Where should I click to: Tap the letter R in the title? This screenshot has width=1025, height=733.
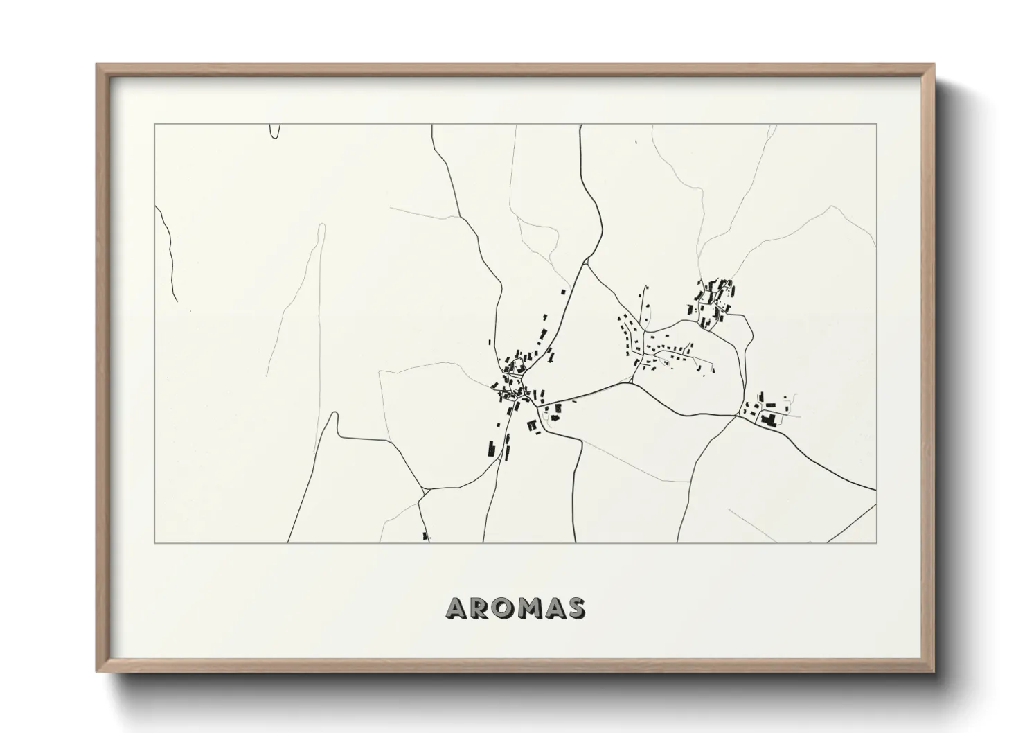tap(480, 608)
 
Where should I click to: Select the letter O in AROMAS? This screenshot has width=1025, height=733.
tap(503, 608)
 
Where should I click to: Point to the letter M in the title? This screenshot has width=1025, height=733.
tap(530, 608)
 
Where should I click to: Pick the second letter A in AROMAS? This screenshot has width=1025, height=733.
tap(554, 608)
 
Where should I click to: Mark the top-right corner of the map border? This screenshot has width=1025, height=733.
tap(876, 125)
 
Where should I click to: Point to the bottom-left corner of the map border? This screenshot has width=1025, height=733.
tap(155, 542)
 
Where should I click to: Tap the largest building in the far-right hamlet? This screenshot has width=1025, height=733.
tap(767, 419)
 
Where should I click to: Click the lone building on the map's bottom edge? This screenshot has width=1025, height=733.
tap(425, 536)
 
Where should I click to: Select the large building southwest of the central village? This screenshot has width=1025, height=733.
tap(490, 448)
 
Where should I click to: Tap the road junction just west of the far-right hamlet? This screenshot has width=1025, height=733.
tap(738, 416)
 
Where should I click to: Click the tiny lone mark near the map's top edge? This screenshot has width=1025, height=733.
tap(636, 143)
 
